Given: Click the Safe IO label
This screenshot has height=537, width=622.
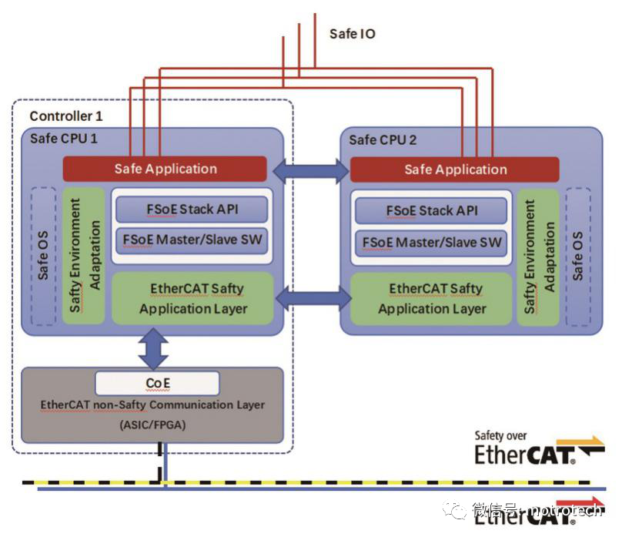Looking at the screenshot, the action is (x=353, y=34).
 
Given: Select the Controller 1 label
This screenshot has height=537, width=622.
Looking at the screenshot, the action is (x=66, y=116).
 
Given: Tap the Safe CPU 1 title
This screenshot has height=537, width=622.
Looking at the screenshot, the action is (x=63, y=139).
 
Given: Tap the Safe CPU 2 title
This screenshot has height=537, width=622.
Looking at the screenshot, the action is (x=383, y=139).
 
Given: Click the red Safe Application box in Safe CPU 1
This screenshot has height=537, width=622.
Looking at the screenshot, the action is (x=165, y=169).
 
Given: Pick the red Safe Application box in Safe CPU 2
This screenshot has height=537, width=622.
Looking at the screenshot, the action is (x=455, y=169).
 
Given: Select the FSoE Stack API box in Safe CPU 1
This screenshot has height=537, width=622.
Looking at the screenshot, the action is (x=192, y=209).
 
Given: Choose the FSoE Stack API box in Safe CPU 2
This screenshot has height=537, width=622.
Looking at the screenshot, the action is (x=431, y=211).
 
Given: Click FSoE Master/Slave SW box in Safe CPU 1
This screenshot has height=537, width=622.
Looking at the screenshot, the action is (x=192, y=240).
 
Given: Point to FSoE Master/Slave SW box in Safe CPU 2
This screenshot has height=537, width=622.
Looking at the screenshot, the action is (x=431, y=243).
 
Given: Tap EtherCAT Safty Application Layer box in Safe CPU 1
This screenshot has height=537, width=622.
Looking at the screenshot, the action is (x=193, y=298).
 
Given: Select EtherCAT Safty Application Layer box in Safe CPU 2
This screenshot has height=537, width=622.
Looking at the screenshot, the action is (x=432, y=299).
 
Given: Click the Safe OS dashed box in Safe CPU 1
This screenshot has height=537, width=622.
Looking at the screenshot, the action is (x=43, y=257).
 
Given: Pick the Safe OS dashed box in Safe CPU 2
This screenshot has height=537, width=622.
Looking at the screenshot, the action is (x=578, y=257).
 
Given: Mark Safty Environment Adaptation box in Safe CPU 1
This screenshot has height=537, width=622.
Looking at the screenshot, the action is (x=84, y=256).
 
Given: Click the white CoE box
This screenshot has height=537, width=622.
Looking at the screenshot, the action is (x=158, y=384).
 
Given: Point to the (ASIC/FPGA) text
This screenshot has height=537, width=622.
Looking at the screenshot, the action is (x=152, y=425).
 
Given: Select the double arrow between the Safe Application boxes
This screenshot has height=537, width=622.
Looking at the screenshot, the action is (x=310, y=171).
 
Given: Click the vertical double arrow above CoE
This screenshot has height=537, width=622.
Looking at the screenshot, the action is (x=153, y=349).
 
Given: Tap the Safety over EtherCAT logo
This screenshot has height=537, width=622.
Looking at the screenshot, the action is (x=540, y=448).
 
